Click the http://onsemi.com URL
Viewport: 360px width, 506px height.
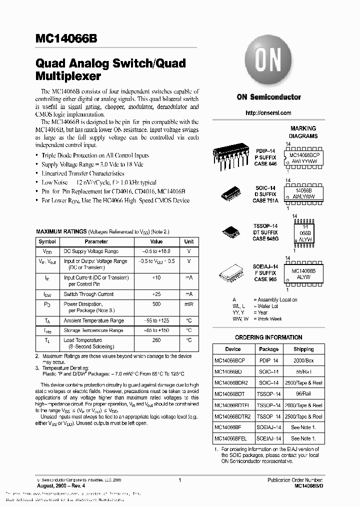click(268, 113)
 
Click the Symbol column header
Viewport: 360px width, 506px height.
click(47, 241)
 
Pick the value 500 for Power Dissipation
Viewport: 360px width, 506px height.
click(156, 304)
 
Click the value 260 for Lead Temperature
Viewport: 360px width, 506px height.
click(156, 340)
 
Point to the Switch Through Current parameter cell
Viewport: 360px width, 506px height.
click(88, 294)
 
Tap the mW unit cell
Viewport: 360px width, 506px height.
click(189, 304)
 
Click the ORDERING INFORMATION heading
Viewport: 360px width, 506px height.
click(268, 337)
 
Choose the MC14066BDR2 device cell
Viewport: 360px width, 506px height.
click(231, 382)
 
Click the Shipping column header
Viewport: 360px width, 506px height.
click(303, 349)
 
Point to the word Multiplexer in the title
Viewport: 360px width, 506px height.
click(68, 76)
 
